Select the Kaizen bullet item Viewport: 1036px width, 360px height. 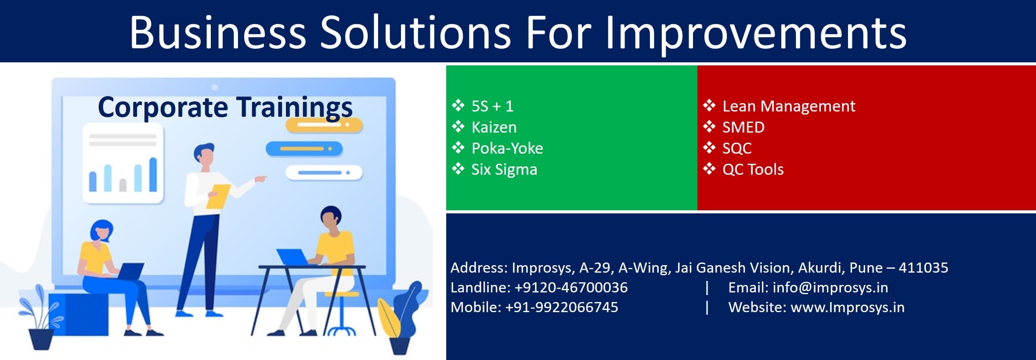tap(494, 127)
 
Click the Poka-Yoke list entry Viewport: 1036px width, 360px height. tap(507, 148)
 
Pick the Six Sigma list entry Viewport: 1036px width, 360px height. tap(504, 169)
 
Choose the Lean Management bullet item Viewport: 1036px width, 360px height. tap(788, 106)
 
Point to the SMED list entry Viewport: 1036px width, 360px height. tap(743, 127)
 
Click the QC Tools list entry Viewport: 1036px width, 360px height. tap(753, 169)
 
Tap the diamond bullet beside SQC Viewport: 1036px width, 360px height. tap(709, 148)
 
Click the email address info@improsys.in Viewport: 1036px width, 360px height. tap(830, 288)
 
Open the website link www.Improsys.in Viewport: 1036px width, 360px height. tap(847, 307)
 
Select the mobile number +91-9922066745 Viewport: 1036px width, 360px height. tap(561, 307)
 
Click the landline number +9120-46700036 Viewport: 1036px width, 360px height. tap(571, 288)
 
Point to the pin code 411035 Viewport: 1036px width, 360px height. tap(923, 267)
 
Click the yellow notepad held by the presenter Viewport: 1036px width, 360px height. tap(218, 196)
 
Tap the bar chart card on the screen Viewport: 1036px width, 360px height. tap(123, 164)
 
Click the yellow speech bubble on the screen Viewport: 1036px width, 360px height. tap(324, 126)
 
